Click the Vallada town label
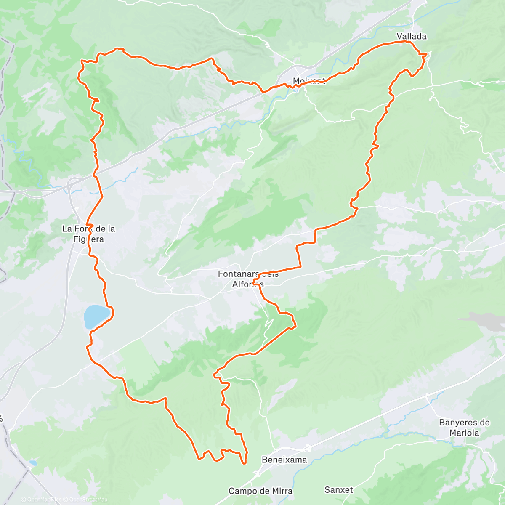(x=411, y=37)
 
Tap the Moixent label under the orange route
(x=309, y=81)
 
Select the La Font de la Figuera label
(x=88, y=234)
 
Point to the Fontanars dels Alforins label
(x=248, y=279)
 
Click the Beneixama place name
(x=284, y=460)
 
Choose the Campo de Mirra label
(x=260, y=491)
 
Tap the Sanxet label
(x=339, y=490)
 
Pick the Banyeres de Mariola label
(x=464, y=428)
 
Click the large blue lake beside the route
(x=97, y=316)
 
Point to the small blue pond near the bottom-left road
(x=33, y=463)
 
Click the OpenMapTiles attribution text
(x=44, y=500)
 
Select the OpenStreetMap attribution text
(x=88, y=500)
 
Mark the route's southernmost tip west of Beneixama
(x=244, y=463)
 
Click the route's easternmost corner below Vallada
(x=426, y=54)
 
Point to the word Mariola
(x=464, y=433)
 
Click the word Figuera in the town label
(x=88, y=239)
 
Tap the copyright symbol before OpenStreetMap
(x=66, y=500)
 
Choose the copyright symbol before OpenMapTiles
(x=24, y=500)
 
